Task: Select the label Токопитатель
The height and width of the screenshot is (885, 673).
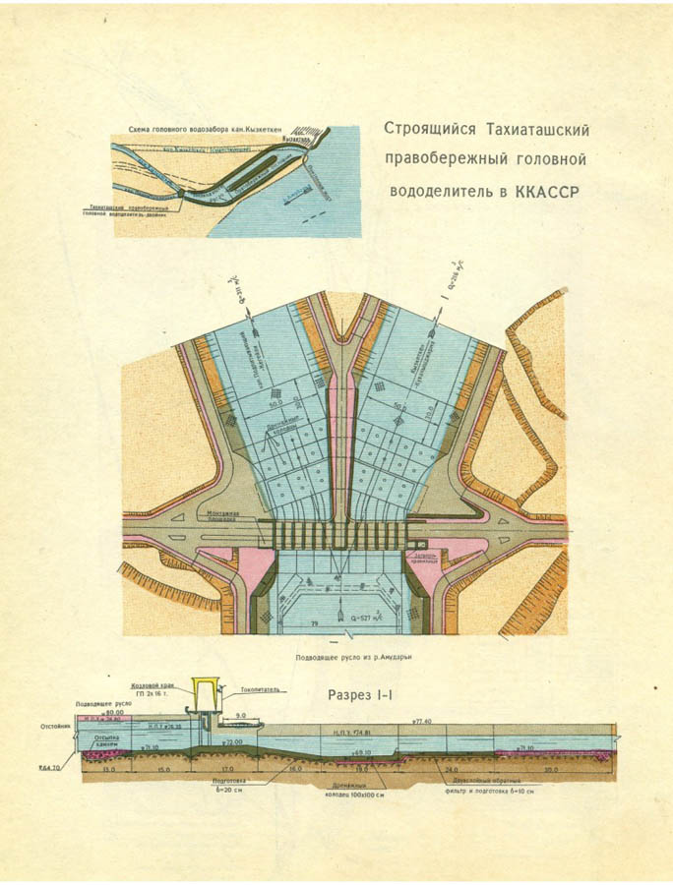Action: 261,689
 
